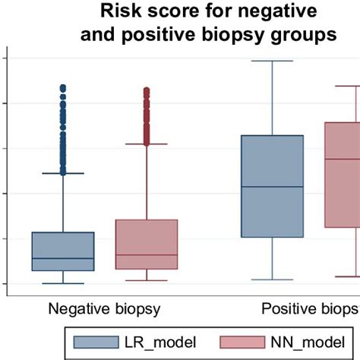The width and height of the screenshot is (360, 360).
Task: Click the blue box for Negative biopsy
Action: [x=63, y=251]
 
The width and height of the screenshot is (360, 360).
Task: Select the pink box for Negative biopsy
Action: [x=147, y=244]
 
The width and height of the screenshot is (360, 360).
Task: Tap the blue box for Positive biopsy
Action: [x=272, y=186]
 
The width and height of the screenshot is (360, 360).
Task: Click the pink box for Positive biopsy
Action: [x=343, y=175]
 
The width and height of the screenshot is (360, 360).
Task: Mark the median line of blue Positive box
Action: [x=272, y=187]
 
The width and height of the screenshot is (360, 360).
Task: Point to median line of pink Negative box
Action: [x=147, y=255]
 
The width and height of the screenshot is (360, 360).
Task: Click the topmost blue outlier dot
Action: [x=63, y=87]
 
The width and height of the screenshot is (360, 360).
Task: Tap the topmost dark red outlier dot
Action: [x=147, y=90]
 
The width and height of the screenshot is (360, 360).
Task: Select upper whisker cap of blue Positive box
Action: [x=272, y=61]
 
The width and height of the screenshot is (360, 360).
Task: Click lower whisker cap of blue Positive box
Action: [x=272, y=279]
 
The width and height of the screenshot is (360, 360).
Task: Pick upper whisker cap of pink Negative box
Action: [x=147, y=144]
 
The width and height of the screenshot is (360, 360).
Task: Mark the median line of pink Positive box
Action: [x=343, y=159]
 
